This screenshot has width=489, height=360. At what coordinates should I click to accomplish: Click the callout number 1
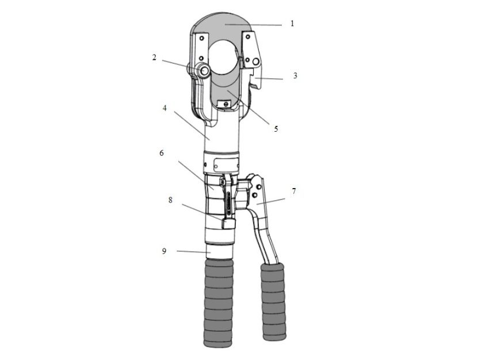click(292, 24)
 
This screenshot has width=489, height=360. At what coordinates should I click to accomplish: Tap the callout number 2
click(154, 58)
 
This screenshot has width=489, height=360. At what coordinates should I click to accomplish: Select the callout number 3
click(295, 75)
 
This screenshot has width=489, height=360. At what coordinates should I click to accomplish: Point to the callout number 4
click(165, 108)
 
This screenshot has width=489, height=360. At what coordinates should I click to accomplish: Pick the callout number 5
click(276, 129)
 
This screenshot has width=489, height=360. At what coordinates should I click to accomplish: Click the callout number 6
click(162, 153)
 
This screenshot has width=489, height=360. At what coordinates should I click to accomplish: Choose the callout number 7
click(294, 191)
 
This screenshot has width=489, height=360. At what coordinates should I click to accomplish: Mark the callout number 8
click(170, 200)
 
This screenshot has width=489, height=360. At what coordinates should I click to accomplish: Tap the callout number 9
click(164, 251)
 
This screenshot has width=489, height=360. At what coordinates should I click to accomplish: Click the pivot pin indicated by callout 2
click(205, 70)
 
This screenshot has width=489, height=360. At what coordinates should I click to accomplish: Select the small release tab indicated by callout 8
click(228, 224)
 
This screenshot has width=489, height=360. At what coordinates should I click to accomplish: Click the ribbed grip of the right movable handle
click(273, 302)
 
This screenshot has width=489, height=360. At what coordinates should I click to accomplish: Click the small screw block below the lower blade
click(224, 104)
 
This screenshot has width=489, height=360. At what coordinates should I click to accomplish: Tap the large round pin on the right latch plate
click(256, 62)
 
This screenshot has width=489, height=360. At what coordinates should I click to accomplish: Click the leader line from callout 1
click(253, 24)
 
